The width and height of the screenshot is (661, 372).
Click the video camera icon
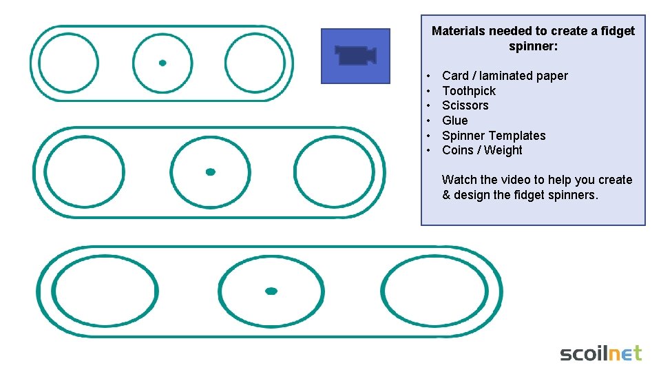coord(355,55)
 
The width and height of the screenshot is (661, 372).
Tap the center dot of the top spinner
coord(162,63)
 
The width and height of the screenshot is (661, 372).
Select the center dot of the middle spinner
coord(211,172)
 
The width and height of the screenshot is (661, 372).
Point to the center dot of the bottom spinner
coord(271,291)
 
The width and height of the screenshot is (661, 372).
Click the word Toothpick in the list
coord(469,91)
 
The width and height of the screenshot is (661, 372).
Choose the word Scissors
coord(465,105)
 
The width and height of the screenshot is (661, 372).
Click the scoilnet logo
coord(600,353)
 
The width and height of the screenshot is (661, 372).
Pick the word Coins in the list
coord(458,150)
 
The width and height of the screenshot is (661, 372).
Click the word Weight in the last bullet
coord(503,150)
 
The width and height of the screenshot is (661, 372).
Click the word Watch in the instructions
coord(459,180)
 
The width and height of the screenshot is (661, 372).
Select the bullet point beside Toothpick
coord(428,91)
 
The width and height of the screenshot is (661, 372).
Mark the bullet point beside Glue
coord(428,121)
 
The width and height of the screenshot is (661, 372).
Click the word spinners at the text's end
coord(574,195)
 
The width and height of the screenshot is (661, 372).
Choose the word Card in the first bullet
coord(455,76)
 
